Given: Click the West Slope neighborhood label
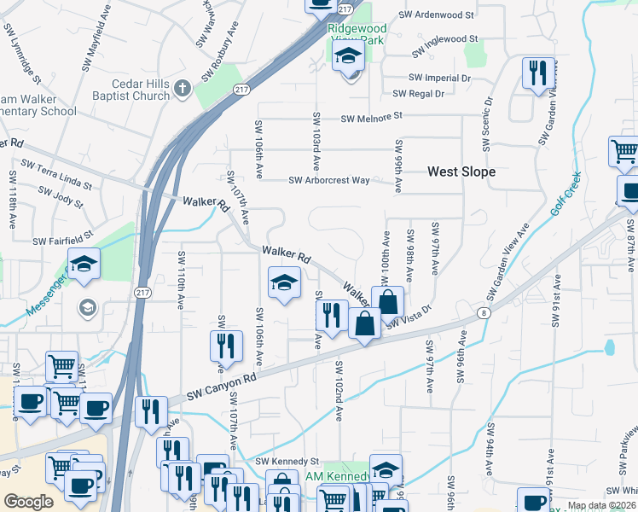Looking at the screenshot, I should coord(461,172).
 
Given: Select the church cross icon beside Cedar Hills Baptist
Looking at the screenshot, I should coord(183,88).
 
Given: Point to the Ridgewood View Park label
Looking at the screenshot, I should coord(357,34).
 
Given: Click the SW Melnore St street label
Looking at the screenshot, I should coord(371,117).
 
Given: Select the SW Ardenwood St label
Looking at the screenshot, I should coord(442,15).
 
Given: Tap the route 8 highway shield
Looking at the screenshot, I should coord(484,313).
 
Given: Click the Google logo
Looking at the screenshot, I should coord(27,502).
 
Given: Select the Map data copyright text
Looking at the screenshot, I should coord(601,505).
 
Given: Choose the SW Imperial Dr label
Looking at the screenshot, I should coord(441,78).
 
